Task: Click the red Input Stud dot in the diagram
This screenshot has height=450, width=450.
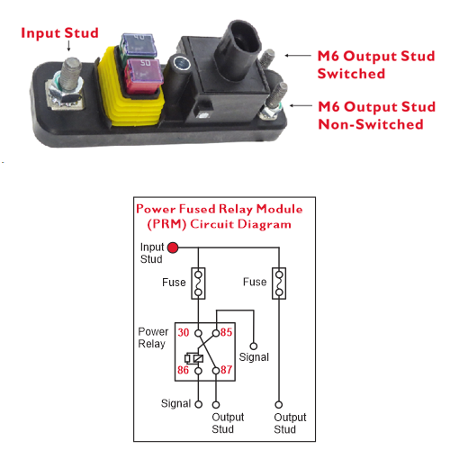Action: click(x=173, y=247)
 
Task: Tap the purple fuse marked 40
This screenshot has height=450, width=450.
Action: click(x=139, y=45)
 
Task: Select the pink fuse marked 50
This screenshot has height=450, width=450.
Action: click(x=144, y=75)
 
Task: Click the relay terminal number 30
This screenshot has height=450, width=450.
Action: click(x=184, y=332)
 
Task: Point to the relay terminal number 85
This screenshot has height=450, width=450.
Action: click(x=226, y=332)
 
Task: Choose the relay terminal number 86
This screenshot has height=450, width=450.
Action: click(x=183, y=370)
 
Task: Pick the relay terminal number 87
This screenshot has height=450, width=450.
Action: click(x=227, y=370)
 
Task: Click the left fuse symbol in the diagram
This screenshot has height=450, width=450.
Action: click(x=198, y=283)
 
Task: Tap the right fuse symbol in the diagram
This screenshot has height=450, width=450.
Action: click(x=279, y=283)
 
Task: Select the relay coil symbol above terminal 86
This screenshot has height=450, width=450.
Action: click(x=193, y=358)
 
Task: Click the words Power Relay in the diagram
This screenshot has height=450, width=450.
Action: click(x=153, y=337)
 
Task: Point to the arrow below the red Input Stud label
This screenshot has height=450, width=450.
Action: click(x=68, y=46)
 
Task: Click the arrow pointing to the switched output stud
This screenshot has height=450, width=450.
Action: click(x=298, y=56)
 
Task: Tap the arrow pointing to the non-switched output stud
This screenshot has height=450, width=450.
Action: click(x=301, y=105)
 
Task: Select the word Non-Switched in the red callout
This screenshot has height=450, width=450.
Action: click(x=371, y=124)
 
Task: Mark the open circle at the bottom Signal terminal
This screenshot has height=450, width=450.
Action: click(x=199, y=404)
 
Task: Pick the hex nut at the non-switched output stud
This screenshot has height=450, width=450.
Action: click(x=270, y=112)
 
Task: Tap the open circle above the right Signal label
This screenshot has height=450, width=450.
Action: click(x=254, y=346)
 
